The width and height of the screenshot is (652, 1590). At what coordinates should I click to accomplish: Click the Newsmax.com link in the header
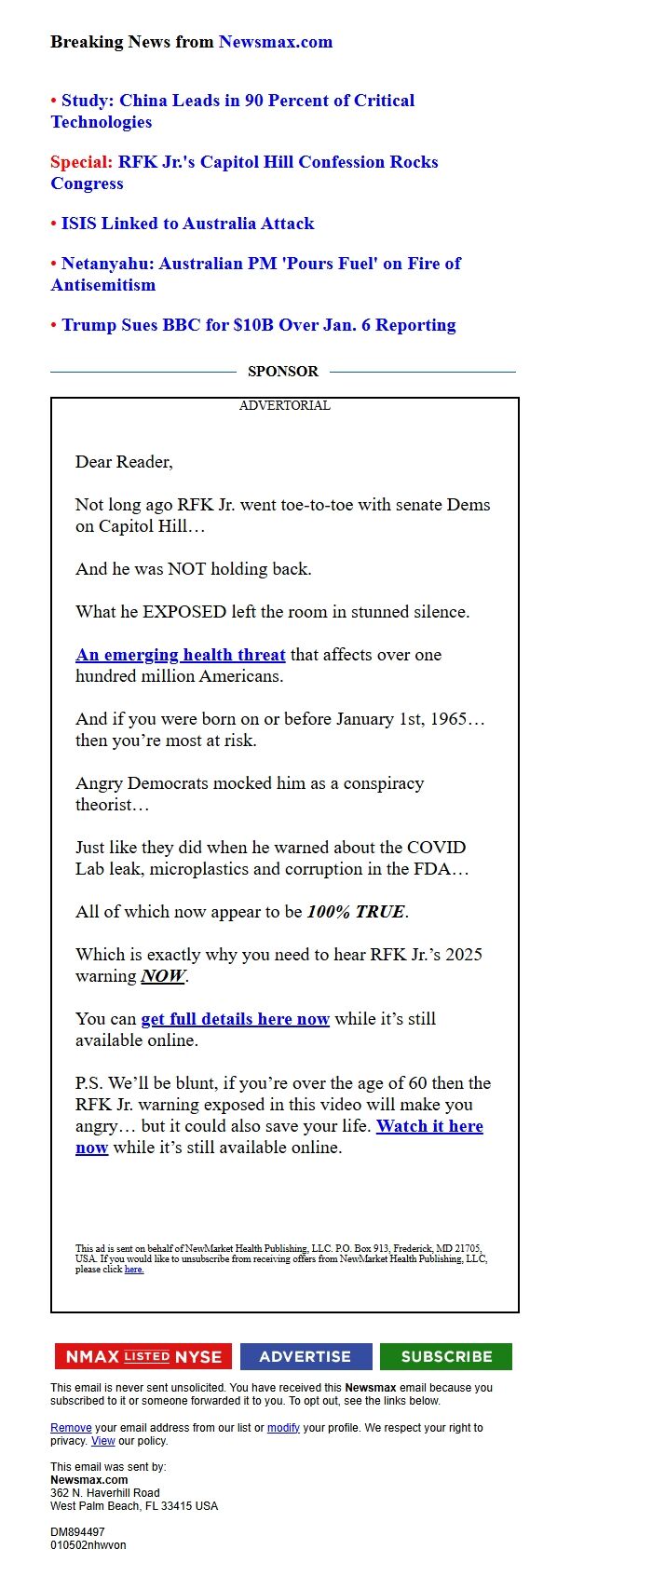[275, 42]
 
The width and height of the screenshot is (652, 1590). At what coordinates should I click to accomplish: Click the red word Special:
[81, 162]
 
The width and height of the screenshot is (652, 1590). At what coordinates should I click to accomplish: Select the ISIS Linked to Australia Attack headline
[187, 224]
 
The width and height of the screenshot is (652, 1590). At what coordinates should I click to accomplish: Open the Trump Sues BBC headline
[258, 325]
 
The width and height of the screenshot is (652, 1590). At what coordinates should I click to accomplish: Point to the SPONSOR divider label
[282, 372]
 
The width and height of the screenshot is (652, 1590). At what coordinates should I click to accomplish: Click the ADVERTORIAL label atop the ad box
[284, 406]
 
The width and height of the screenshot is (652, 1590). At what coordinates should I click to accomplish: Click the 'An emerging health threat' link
[180, 655]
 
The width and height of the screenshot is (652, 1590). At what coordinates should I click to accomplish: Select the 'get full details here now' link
[235, 1019]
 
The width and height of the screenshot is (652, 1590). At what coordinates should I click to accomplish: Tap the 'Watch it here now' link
[428, 1126]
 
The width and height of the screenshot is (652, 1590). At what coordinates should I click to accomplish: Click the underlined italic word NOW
[163, 976]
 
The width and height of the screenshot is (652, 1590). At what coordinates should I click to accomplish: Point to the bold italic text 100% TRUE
[356, 912]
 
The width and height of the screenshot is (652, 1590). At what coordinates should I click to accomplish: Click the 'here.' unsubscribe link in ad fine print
[134, 1270]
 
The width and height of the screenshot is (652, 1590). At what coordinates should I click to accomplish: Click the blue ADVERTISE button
[306, 1356]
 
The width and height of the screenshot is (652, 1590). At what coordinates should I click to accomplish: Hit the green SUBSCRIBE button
[446, 1356]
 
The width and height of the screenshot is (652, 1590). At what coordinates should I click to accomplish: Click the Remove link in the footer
[71, 1428]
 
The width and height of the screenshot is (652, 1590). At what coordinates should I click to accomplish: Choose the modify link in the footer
[283, 1428]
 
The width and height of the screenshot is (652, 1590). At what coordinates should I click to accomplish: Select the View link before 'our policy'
[102, 1441]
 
